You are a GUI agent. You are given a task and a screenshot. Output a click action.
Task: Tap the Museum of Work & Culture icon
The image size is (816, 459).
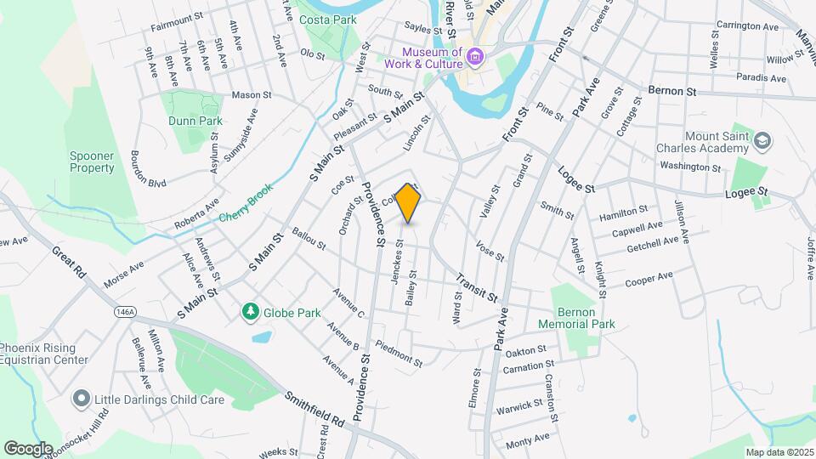click(x=474, y=58)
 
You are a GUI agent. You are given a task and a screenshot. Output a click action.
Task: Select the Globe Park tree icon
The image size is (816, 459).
click(x=250, y=312)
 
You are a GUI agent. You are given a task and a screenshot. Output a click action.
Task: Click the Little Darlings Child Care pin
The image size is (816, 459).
click(x=81, y=398)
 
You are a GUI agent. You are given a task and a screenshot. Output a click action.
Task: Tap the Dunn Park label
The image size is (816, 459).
click(x=195, y=121)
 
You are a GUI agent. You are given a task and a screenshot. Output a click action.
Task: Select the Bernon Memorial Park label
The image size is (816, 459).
click(x=576, y=318)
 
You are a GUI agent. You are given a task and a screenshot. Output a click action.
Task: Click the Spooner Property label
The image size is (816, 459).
click(x=92, y=161)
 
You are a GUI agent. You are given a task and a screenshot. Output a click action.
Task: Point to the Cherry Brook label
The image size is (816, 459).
click(x=246, y=205)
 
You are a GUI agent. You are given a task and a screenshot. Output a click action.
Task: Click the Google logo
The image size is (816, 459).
click(x=28, y=448)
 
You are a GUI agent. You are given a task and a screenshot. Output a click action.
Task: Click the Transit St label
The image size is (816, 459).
click(x=475, y=286)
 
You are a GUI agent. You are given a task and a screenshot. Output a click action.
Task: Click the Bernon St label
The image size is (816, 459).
click(x=671, y=90)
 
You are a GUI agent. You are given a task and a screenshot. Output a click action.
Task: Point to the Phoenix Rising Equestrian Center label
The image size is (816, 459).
click(x=44, y=354)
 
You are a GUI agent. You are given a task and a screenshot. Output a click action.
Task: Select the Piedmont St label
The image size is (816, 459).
click(x=399, y=354)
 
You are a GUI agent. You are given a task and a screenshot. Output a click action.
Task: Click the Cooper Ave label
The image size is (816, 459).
click(x=649, y=279)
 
